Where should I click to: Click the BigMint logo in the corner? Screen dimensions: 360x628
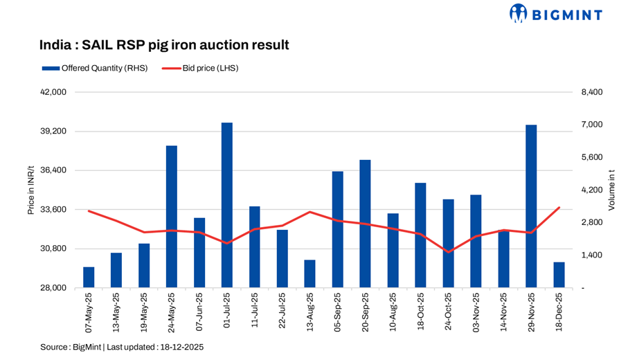555,13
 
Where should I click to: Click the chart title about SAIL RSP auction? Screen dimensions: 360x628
164,45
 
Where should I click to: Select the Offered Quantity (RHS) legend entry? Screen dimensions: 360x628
93,69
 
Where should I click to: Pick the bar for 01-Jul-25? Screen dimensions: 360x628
227,205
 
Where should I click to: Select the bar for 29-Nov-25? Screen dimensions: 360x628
531,206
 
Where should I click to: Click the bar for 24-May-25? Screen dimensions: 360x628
172,217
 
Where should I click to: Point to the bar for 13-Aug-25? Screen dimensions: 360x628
309,273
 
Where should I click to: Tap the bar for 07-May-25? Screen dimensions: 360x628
89,277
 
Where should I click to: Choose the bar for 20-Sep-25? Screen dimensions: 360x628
365,224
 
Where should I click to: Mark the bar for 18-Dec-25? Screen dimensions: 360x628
559,275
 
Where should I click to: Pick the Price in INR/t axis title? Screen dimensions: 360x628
31,190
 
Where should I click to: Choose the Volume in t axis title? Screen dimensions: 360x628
611,190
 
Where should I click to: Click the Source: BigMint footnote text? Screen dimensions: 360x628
122,346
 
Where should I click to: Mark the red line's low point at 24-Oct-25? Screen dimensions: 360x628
448,252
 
